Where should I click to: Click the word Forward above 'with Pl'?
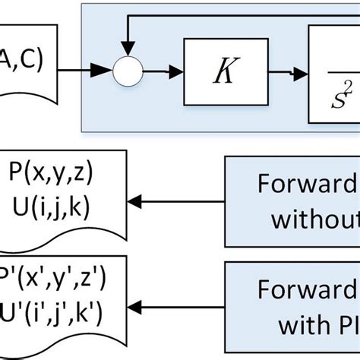click(x=308, y=291)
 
